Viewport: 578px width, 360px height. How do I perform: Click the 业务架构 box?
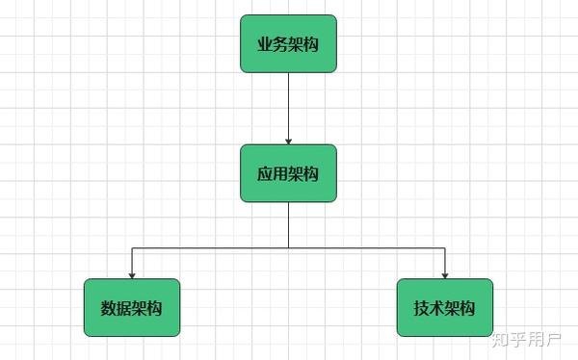[288, 43]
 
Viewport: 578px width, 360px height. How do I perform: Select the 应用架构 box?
[288, 173]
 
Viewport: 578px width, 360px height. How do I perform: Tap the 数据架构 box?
[132, 308]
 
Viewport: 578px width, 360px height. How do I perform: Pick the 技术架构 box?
[445, 308]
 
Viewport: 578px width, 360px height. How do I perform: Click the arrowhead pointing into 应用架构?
[288, 141]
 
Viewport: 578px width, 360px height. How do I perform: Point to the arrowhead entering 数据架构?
[132, 275]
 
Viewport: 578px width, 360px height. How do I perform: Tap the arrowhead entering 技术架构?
[445, 275]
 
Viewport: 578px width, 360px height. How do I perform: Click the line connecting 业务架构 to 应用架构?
[288, 106]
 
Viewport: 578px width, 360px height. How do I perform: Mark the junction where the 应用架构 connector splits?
[288, 248]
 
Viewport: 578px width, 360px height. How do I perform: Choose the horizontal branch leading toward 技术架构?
[366, 248]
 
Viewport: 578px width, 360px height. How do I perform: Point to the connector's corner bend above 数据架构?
[132, 248]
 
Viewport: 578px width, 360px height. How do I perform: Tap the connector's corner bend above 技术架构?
[445, 248]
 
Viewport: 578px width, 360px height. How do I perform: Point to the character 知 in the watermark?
[501, 340]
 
